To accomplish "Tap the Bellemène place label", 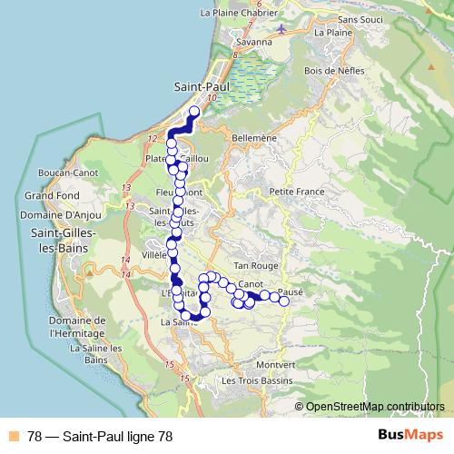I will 253,138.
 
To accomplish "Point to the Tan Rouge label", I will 254,264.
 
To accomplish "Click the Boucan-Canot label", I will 62,173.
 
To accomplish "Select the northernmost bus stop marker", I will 192,113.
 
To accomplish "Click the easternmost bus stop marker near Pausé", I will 284,301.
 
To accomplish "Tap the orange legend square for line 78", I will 14,435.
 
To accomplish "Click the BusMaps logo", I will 410,435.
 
